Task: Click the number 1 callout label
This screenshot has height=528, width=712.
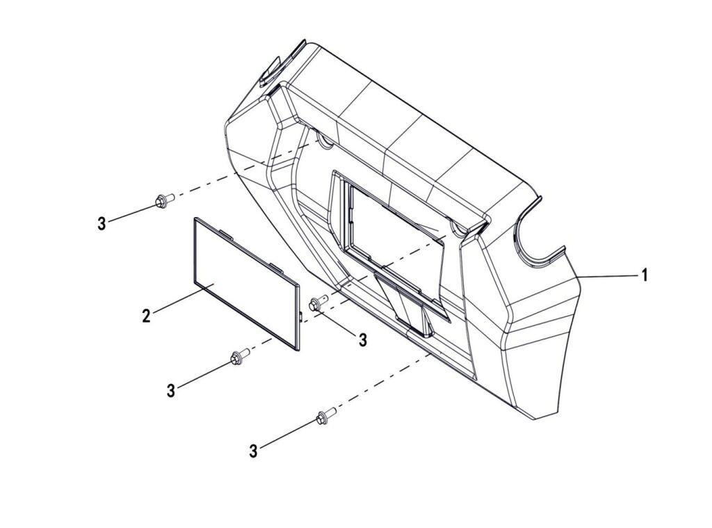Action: tap(644, 275)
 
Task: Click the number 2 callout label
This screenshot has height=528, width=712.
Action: tap(146, 315)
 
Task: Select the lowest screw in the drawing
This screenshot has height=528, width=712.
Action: tap(326, 415)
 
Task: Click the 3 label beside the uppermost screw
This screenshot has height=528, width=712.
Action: tap(102, 223)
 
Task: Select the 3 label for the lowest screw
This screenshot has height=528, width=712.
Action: tap(253, 451)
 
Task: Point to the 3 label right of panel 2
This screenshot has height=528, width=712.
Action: tap(362, 339)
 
